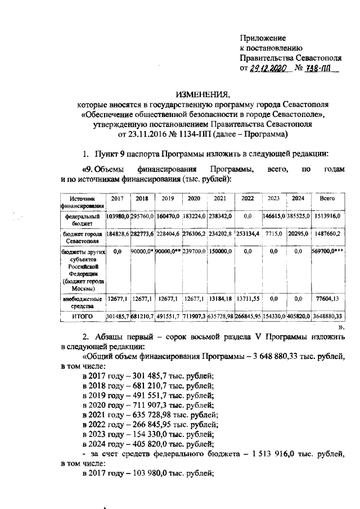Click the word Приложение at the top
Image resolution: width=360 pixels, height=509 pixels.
click(263, 38)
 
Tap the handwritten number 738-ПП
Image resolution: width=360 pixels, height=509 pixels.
click(321, 69)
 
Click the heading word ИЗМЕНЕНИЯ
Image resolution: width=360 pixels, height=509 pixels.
click(202, 94)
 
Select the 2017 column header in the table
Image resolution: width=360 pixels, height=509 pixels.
click(117, 199)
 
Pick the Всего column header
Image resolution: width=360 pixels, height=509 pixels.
click(327, 199)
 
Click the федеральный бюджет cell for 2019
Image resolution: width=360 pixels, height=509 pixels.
click(168, 215)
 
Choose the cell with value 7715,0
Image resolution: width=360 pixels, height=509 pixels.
click(274, 233)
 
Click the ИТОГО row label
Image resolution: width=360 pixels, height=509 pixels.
click(82, 317)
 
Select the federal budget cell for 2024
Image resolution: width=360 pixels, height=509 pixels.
click(299, 215)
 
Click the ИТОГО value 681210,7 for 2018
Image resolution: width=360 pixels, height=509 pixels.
click(142, 317)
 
